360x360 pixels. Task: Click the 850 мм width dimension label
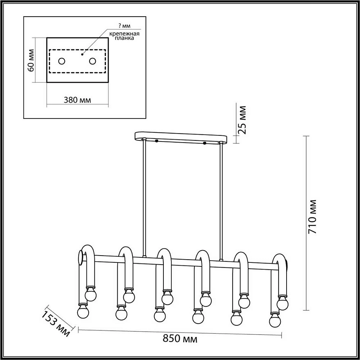[180, 339]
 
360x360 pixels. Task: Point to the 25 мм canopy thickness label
[243, 120]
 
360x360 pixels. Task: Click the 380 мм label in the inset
[77, 100]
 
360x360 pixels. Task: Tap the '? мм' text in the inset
[125, 26]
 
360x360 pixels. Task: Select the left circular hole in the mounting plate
[62, 61]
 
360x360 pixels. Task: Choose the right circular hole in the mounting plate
[93, 61]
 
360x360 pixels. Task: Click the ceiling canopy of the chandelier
[181, 137]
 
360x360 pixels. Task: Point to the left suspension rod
[144, 198]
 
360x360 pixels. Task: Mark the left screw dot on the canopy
[157, 141]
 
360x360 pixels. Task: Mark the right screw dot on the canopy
[204, 143]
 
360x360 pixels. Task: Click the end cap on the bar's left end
[80, 258]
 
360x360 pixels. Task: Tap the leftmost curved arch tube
[88, 252]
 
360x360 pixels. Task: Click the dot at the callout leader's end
[82, 55]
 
